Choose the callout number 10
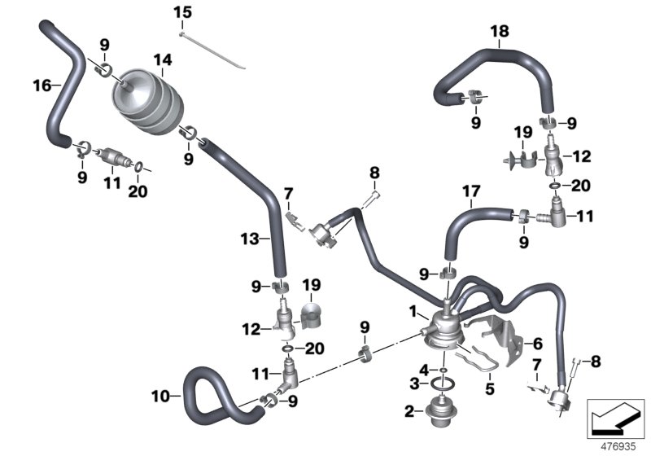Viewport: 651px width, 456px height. [x=161, y=397]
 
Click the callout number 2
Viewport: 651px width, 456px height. [x=410, y=410]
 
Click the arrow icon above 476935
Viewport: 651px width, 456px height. [x=615, y=419]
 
